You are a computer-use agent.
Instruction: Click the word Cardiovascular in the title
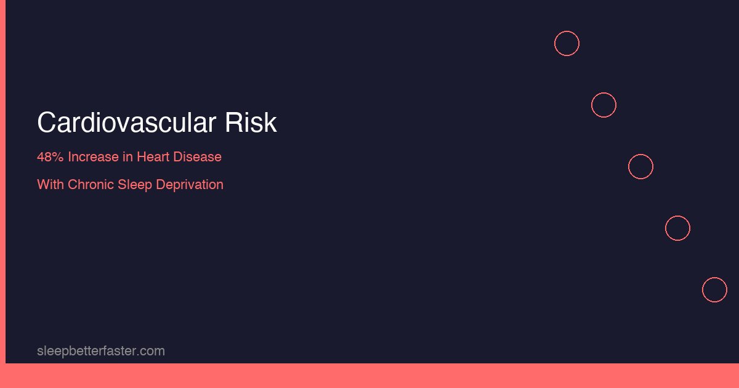(127, 123)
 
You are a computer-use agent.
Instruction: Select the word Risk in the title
(251, 123)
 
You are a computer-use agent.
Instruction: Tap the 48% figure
(50, 157)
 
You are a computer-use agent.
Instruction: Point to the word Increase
(93, 157)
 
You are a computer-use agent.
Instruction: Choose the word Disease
(197, 157)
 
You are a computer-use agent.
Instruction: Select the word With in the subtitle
(50, 185)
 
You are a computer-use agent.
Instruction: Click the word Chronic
(91, 185)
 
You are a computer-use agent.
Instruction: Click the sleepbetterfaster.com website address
(101, 351)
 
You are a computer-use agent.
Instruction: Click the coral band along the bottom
(369, 376)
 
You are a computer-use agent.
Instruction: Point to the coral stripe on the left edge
(2, 182)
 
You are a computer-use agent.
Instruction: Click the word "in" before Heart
(127, 157)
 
